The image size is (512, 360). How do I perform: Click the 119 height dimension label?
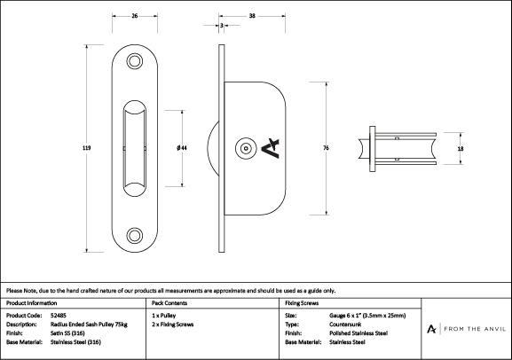(87, 148)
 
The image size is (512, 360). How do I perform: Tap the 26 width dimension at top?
(135, 16)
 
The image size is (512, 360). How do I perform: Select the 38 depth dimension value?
(252, 16)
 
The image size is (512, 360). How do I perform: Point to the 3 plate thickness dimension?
(222, 25)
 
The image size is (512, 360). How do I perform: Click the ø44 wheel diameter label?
(182, 148)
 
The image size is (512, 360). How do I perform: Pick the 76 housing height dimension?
(327, 148)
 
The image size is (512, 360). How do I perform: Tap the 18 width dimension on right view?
(461, 148)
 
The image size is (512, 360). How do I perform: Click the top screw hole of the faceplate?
(135, 61)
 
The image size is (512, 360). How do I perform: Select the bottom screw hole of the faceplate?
(135, 235)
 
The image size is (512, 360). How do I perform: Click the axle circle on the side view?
(246, 148)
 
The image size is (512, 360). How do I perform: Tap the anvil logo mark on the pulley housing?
(271, 148)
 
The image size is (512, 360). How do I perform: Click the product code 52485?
(59, 316)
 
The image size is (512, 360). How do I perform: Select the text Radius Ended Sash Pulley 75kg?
(89, 325)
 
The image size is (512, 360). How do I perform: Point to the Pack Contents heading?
(169, 303)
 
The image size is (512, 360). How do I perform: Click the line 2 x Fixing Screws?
(173, 325)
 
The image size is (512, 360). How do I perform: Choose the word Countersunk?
(345, 325)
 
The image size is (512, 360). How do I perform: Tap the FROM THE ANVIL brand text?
(475, 329)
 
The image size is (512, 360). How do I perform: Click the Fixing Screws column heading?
(302, 303)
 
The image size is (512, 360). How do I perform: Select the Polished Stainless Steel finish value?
(358, 333)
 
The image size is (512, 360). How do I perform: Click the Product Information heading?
(31, 303)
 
